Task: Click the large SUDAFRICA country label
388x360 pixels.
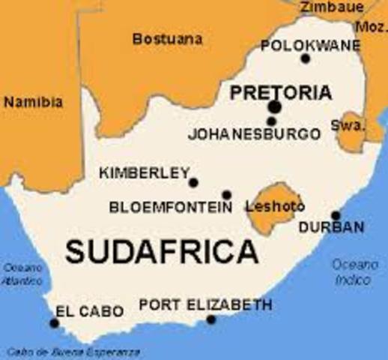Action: click(161, 253)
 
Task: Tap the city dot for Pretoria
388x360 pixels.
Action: click(275, 107)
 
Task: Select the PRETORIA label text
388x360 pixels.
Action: click(279, 93)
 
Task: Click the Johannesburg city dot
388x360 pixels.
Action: click(272, 121)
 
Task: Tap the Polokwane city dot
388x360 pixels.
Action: click(305, 58)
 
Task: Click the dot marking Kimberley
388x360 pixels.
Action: click(193, 182)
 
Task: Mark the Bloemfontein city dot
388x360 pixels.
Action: click(226, 195)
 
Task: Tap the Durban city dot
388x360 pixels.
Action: click(335, 214)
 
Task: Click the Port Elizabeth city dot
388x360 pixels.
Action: click(211, 319)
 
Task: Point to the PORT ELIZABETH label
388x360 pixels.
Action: click(205, 305)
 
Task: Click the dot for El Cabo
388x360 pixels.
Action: click(54, 323)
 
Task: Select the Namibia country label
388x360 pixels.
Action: click(34, 103)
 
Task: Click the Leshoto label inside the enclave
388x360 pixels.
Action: click(275, 205)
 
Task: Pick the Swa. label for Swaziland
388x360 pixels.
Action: click(346, 124)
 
